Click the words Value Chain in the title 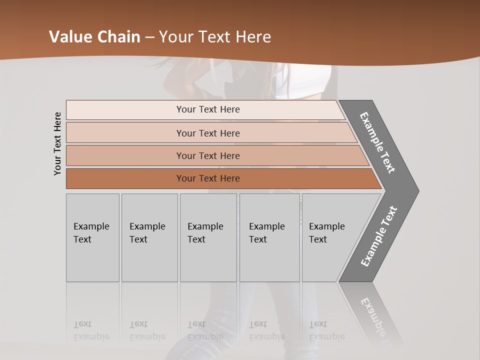94,36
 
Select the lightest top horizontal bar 207,109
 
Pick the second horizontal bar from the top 207,133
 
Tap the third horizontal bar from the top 207,155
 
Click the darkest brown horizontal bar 207,178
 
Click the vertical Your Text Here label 57,143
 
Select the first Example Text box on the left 92,237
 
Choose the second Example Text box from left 149,237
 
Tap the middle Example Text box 208,237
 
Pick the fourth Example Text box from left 269,237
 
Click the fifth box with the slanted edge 330,237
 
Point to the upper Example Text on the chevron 377,142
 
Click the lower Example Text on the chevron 379,236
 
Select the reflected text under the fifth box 326,330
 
